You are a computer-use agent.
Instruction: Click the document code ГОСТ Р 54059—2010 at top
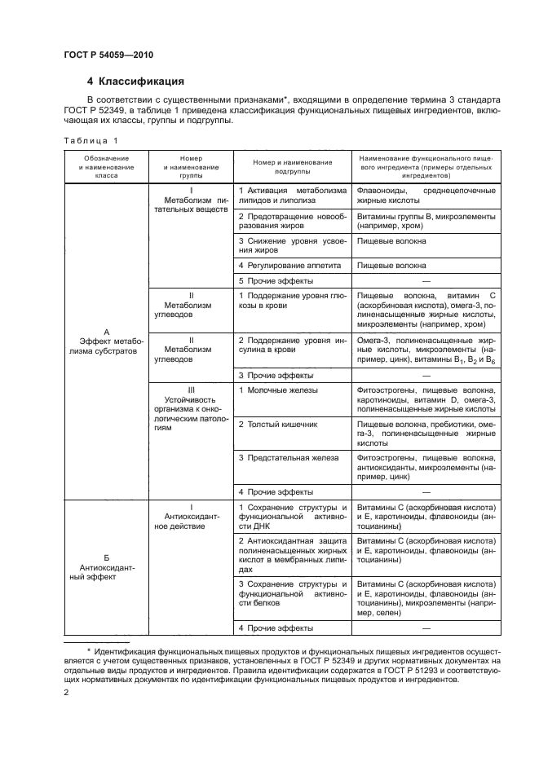(x=108, y=55)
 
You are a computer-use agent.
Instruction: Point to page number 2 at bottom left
(x=66, y=693)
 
